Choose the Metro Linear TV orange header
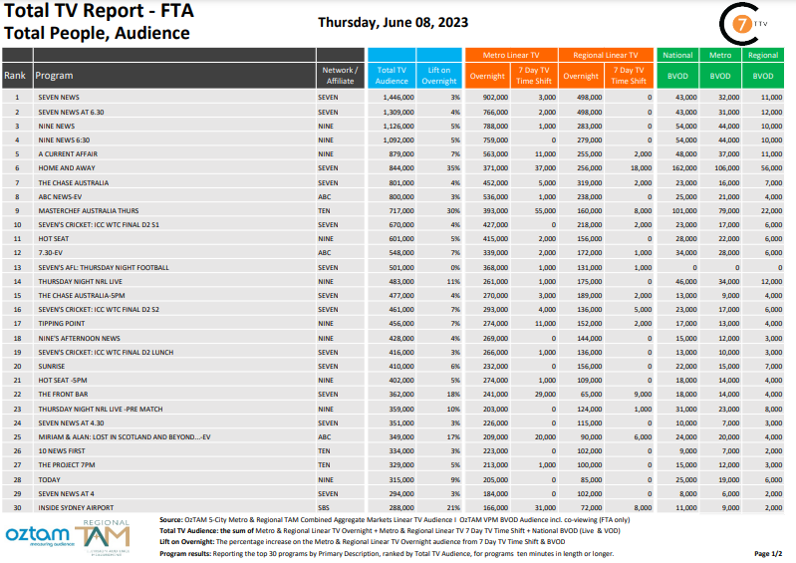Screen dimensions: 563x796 tap(511, 55)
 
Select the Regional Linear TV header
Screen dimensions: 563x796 tap(605, 55)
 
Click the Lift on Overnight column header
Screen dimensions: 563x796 tap(440, 75)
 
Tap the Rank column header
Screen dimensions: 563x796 tap(15, 75)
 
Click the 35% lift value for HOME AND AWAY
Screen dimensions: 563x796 tap(454, 168)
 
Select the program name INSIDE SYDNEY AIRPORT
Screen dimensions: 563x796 tap(77, 507)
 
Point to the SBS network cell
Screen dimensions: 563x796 tap(326, 507)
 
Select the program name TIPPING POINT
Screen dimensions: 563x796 tap(60, 324)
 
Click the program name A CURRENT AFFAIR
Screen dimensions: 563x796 tap(68, 154)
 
